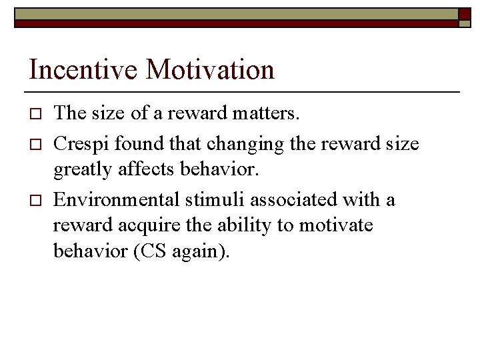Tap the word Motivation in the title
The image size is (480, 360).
[211, 70]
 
